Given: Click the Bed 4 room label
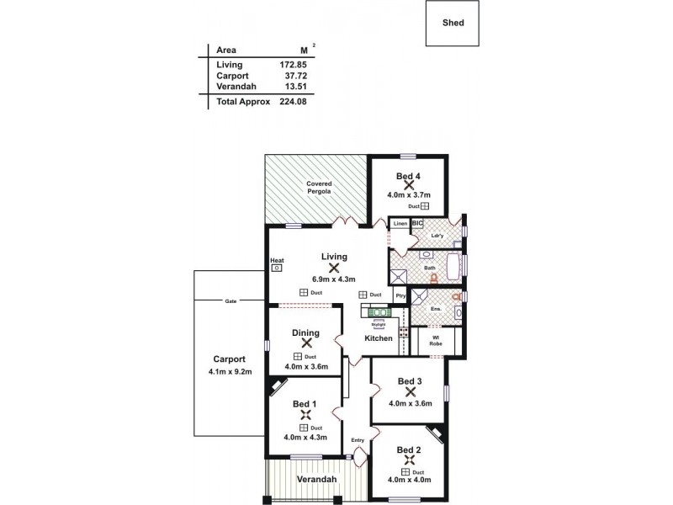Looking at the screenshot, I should (x=408, y=175).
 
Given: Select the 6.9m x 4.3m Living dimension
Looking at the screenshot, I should (x=335, y=279).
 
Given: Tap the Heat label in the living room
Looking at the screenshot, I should (x=277, y=260).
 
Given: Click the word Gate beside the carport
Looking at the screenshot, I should (x=230, y=300).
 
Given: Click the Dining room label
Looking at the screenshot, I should (x=305, y=332).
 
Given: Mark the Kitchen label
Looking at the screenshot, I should (x=379, y=338).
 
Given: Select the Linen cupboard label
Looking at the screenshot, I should (x=400, y=223).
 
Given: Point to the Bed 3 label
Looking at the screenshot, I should (x=411, y=380).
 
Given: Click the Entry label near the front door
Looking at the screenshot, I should (x=358, y=440).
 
